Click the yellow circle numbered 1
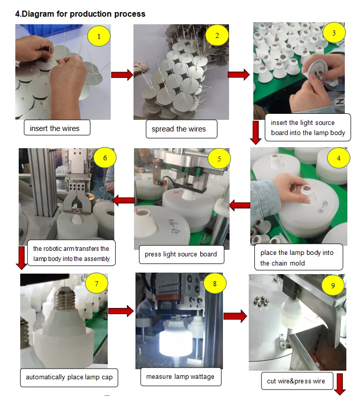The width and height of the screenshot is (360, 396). coord(99,36)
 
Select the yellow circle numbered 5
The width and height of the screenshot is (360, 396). coord(219,159)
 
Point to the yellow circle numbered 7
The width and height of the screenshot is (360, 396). coord(97,283)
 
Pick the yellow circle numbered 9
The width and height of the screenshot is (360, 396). coord(333,286)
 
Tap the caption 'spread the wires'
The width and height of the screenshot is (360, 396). coord(178,129)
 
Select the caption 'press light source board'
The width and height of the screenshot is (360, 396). coord(181,254)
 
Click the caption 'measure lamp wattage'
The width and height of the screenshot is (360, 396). coord(180,376)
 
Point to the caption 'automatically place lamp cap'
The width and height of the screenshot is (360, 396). coord(69,377)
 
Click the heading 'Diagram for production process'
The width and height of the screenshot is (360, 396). coord(80,14)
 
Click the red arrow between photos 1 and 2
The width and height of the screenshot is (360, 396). coord(121,75)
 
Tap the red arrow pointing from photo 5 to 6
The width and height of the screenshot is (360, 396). coord(123,201)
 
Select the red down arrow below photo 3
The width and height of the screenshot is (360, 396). coord(256,133)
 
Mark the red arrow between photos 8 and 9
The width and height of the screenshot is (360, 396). coord(235,317)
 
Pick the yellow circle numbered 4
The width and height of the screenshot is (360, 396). coord(339,158)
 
